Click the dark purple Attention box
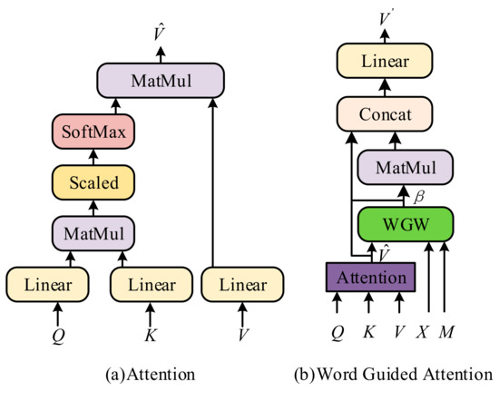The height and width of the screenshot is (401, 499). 369,275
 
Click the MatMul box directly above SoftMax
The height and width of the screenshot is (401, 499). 160,81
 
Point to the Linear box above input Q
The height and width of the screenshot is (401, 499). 56,285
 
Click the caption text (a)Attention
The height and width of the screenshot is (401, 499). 147,373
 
